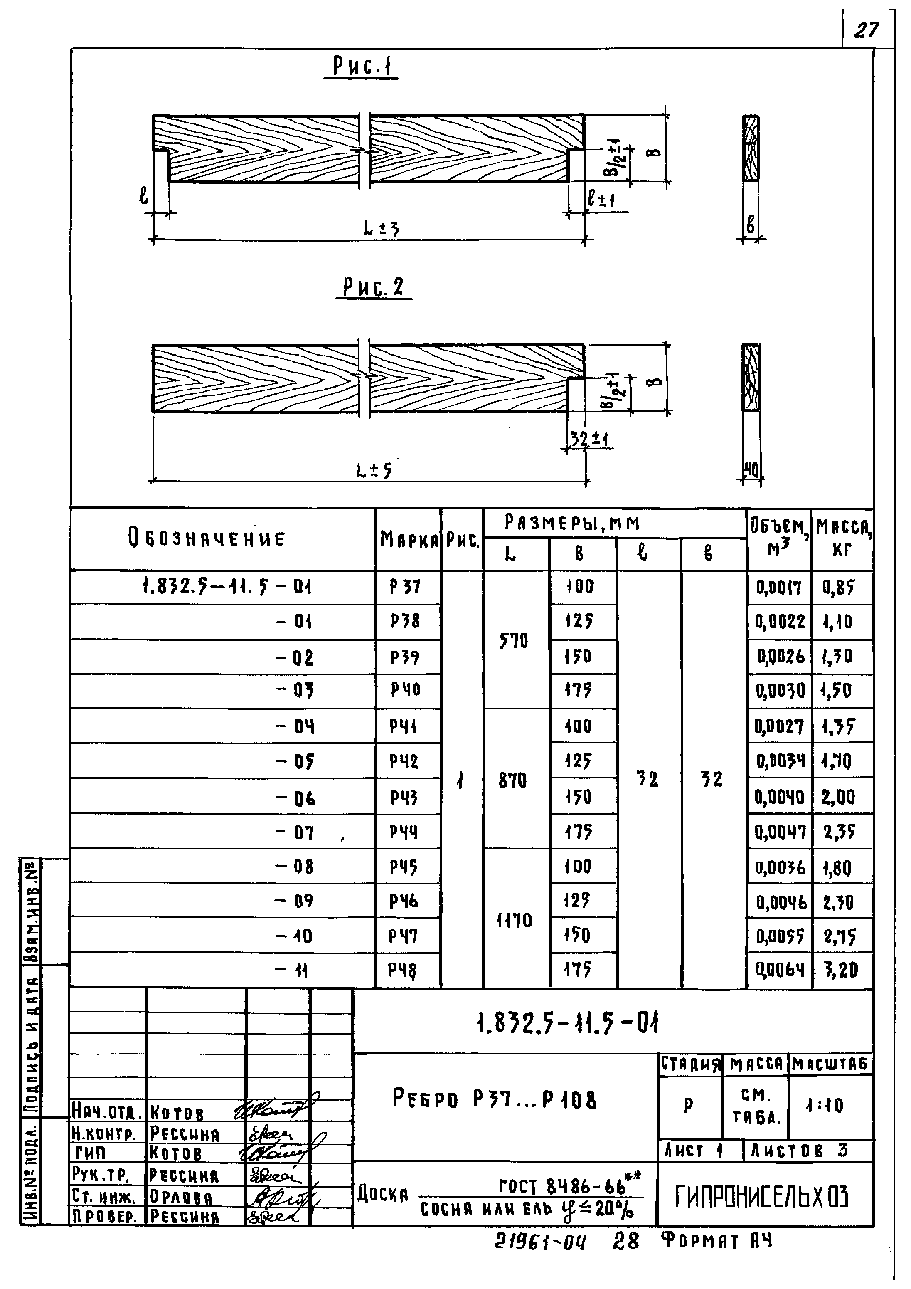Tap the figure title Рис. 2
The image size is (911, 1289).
(373, 287)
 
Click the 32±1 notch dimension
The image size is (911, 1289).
(589, 438)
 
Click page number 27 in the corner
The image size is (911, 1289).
(867, 29)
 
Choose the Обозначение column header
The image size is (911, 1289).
(207, 539)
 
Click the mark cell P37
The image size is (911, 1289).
(405, 587)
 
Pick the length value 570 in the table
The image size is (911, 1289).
(514, 640)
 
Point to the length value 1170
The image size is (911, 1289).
(514, 920)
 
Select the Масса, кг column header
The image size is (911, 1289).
(842, 538)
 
